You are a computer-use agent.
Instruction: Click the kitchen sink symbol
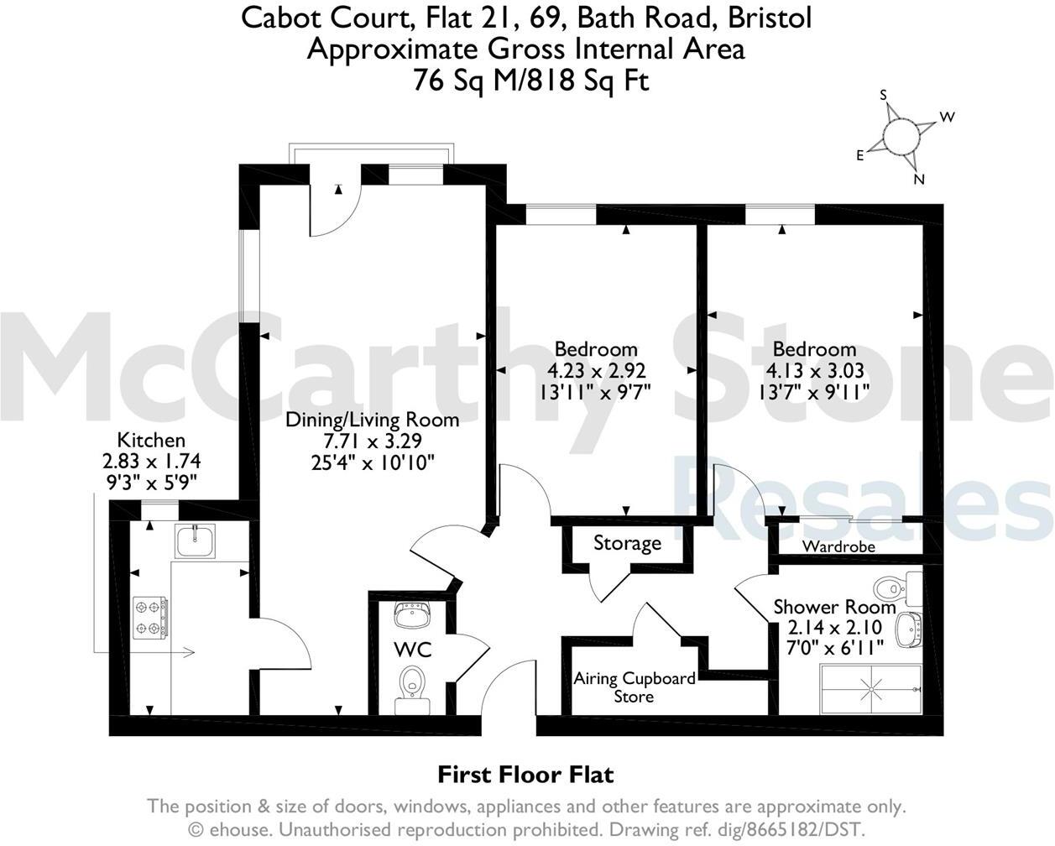coord(195,540)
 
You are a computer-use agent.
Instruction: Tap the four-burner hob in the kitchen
coord(151,616)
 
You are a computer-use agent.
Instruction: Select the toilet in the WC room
coord(412,683)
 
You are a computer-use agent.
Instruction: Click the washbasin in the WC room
coord(413,616)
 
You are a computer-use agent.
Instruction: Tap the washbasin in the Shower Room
coord(908,629)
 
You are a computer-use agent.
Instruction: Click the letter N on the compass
coord(919,179)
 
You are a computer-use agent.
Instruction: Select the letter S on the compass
coord(883,95)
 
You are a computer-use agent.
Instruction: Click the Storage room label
coord(627,543)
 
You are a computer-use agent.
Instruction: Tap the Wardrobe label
coord(838,546)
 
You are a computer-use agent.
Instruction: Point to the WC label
coord(413,649)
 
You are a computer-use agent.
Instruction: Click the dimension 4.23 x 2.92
coord(596,370)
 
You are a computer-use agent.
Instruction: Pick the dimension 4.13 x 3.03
coord(814,370)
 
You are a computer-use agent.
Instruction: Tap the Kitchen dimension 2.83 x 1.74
coord(152,461)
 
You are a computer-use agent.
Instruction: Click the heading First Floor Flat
coord(526,773)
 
